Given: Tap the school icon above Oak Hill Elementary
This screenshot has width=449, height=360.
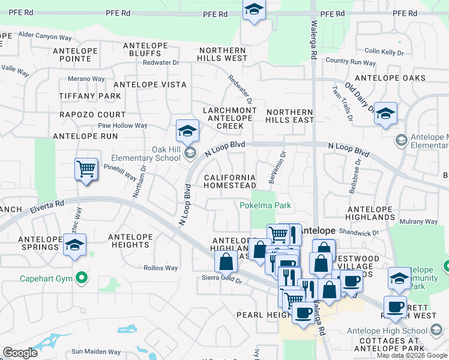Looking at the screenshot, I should point(187,130).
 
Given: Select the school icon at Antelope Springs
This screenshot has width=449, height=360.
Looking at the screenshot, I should point(75,245).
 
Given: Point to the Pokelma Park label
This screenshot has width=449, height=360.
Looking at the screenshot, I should point(265,205).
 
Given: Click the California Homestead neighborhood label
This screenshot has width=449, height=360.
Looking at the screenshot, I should point(230,182).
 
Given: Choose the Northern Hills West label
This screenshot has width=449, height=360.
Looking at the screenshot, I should point(223,55).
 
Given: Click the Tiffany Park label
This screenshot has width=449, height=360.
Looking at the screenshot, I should point(90,96).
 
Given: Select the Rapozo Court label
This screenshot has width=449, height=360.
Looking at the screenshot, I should point(92,115).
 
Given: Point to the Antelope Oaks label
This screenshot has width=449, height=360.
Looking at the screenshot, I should point(390,78).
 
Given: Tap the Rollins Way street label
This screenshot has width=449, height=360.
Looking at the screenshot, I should point(161,268).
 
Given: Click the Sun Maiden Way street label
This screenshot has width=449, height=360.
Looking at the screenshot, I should point(96,352).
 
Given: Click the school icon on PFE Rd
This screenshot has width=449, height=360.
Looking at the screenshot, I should point(254,10).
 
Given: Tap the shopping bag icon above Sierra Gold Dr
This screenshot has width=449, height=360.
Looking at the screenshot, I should point(226,262).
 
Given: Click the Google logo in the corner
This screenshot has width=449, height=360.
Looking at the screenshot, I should point(20,353).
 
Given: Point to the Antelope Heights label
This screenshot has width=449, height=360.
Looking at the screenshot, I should point(130,241).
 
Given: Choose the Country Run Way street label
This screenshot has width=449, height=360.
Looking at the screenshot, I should point(351,62).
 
